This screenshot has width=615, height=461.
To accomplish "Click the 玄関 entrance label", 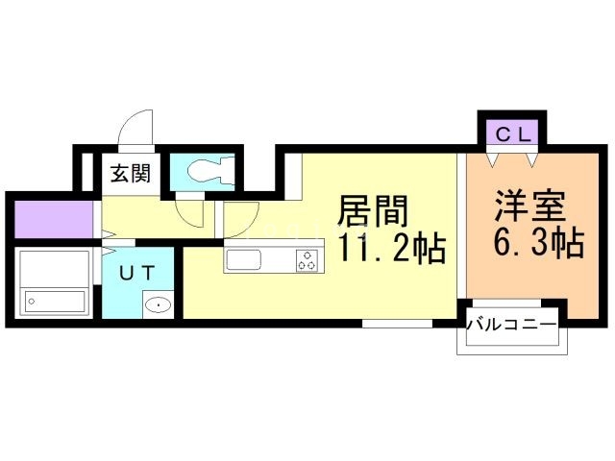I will (130, 174).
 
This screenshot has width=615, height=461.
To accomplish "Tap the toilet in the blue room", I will (207, 170).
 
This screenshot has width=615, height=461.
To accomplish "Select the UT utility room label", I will (136, 272).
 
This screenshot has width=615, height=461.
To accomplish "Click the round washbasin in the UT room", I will (157, 305).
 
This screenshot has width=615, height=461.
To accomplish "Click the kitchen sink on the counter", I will (242, 260).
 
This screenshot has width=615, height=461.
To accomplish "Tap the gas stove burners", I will (308, 259).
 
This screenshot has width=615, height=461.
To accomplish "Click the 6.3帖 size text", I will (538, 242).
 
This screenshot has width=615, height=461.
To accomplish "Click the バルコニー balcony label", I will (511, 325).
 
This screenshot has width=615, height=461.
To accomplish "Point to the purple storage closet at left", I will (53, 218).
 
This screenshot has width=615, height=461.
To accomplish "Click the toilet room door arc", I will (188, 210).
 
